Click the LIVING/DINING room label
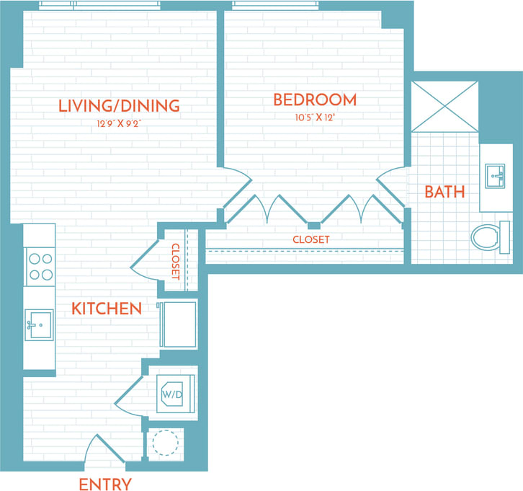(119, 106)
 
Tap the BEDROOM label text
(315, 99)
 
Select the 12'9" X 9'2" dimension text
(119, 123)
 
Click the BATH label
(444, 192)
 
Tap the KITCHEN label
(107, 309)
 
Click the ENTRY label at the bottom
(105, 484)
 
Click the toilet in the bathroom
(490, 236)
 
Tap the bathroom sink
(495, 174)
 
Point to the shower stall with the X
(444, 106)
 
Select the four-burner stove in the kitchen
(39, 265)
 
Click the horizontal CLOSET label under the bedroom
(311, 239)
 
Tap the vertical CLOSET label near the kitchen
(175, 261)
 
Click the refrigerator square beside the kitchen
(177, 324)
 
